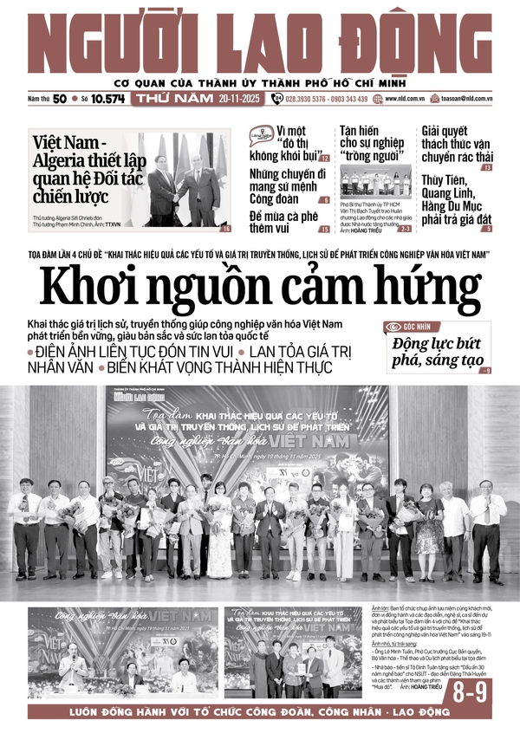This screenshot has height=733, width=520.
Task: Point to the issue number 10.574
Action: point(108,99)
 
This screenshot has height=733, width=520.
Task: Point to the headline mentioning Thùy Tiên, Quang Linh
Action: point(457,203)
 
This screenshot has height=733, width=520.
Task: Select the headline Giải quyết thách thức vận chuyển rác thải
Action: point(457,144)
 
